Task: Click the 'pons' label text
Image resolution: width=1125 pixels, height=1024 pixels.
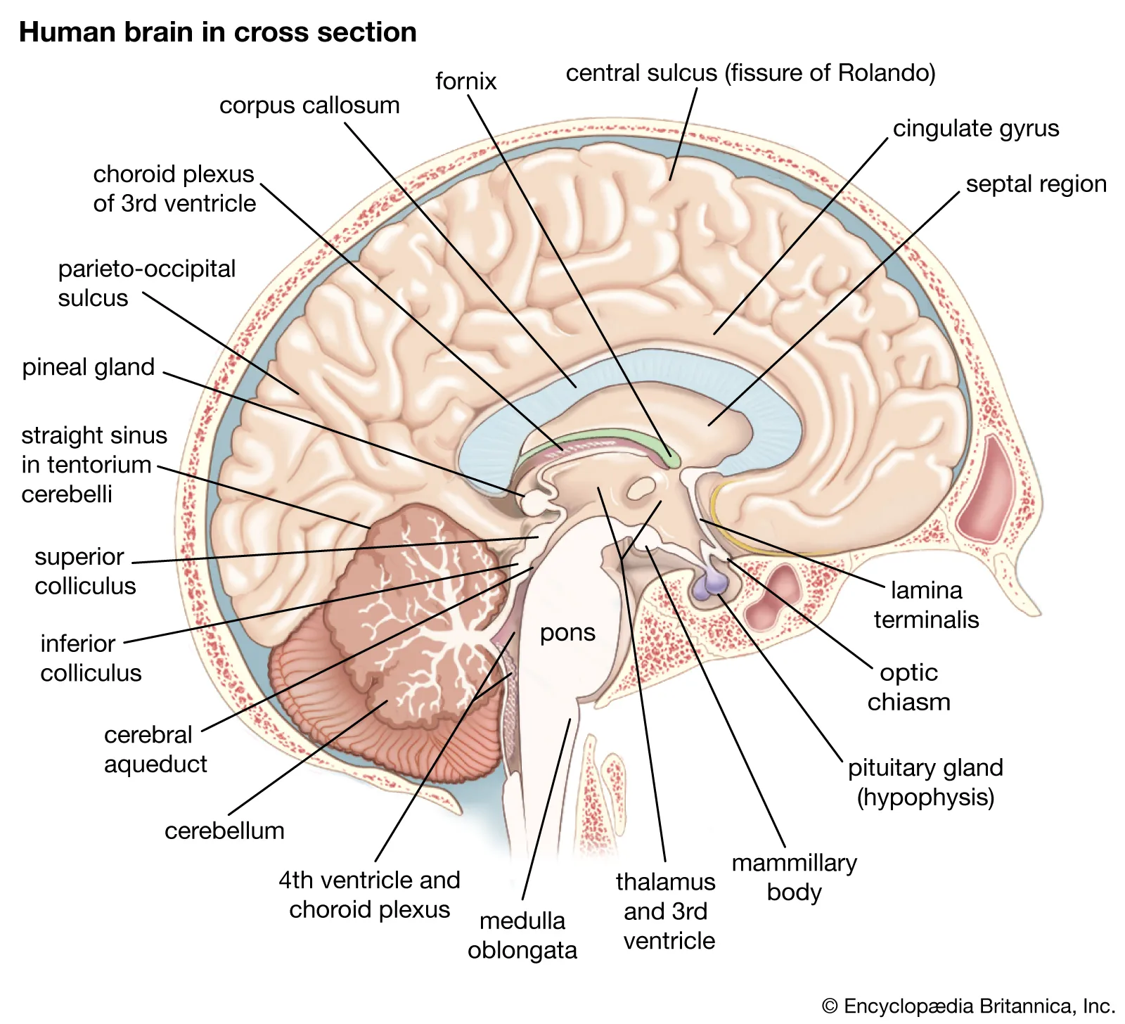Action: pos(567,632)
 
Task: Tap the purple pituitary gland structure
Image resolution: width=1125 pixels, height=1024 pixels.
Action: pos(711,584)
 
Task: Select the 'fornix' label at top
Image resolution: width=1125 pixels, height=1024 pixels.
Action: pos(465,82)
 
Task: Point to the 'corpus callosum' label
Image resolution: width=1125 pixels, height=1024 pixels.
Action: pos(309,105)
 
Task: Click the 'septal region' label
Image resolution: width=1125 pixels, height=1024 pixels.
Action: pos(1036,184)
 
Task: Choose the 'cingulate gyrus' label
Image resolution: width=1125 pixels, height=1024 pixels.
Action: pos(975,129)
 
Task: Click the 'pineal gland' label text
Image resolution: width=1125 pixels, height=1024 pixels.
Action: pos(89,367)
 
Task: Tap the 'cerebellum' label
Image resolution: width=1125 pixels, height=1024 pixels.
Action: pos(224,831)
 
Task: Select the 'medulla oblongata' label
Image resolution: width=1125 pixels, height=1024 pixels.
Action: pos(522,935)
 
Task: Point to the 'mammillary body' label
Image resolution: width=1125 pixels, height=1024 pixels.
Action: pos(795,877)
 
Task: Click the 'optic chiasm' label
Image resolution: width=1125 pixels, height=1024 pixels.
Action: pos(908,687)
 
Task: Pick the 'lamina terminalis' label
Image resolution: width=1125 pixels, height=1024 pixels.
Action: pos(926,605)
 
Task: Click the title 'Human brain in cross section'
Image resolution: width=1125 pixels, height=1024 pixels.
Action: pos(218,32)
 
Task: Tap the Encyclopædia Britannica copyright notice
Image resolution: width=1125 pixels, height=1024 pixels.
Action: pos(968,1006)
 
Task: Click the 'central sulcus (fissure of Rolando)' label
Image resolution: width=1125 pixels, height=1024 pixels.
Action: pos(750,73)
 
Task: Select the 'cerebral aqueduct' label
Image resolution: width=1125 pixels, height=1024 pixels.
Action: pos(155,749)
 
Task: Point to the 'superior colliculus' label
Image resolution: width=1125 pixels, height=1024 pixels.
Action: pos(84,571)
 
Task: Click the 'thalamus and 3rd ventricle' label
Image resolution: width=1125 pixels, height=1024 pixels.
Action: pos(666,911)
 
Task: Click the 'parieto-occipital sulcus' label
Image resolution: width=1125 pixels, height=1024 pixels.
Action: pos(146,283)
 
